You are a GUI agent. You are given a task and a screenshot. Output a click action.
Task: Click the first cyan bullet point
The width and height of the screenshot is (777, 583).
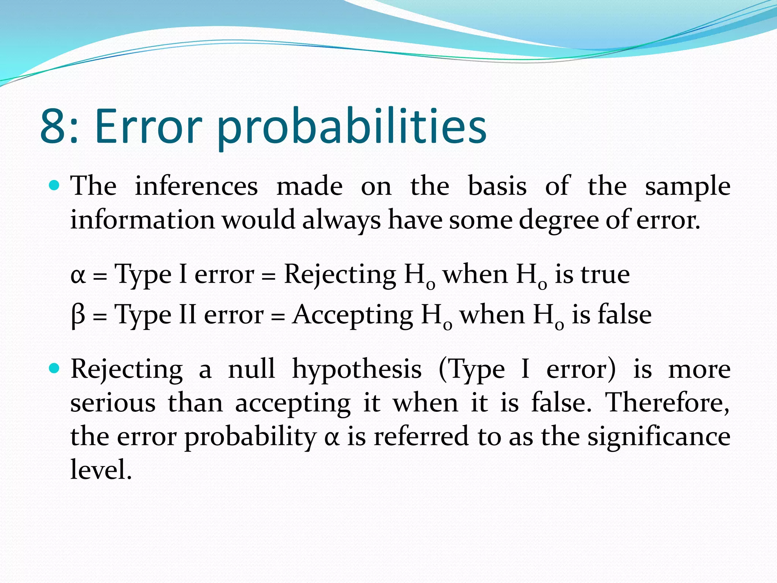[x=55, y=186]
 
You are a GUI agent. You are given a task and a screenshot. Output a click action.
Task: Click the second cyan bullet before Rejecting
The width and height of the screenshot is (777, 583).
[x=55, y=368]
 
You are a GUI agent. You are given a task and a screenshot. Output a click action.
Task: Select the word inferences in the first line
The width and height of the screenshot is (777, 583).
[x=196, y=186]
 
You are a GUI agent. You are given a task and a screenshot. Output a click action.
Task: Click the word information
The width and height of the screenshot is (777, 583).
[x=143, y=220]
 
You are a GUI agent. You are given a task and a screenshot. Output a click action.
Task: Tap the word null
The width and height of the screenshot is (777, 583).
[x=251, y=369]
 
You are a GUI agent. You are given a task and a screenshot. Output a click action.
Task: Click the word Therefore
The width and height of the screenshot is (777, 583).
[x=667, y=402]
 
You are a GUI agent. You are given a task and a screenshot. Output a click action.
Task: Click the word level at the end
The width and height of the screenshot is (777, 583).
[x=101, y=470]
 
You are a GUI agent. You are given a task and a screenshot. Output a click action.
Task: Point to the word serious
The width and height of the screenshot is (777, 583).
[x=113, y=403]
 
